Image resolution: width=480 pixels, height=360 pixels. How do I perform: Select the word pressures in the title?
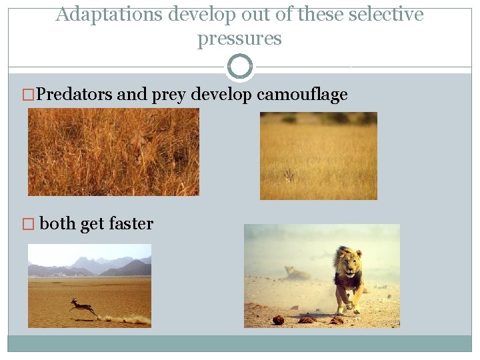click(239, 39)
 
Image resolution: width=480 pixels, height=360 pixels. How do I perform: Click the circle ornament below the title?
click(240, 67)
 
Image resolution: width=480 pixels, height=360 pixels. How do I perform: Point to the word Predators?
click(74, 95)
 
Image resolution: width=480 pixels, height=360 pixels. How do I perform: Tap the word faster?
click(131, 224)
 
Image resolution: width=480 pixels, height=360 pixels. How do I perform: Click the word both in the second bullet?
click(57, 224)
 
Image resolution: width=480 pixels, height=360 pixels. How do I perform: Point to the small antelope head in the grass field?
click(289, 175)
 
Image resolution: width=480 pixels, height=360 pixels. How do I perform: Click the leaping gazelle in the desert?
click(83, 307)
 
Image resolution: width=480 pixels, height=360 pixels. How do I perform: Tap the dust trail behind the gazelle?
click(127, 319)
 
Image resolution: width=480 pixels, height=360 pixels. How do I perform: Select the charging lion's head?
click(349, 261)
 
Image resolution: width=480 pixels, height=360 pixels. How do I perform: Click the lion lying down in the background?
click(295, 273)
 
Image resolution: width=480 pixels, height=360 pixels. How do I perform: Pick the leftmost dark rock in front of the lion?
click(278, 320)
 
